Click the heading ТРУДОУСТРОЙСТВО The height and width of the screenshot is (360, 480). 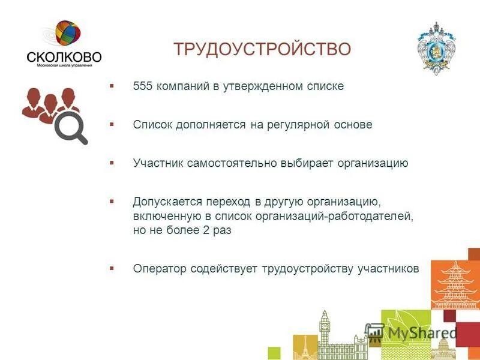pos(262,49)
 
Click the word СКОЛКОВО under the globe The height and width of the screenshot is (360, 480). pos(64,57)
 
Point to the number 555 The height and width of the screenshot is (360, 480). pos(143,86)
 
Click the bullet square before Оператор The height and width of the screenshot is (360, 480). pos(112,268)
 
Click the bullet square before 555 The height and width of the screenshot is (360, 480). pos(112,86)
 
